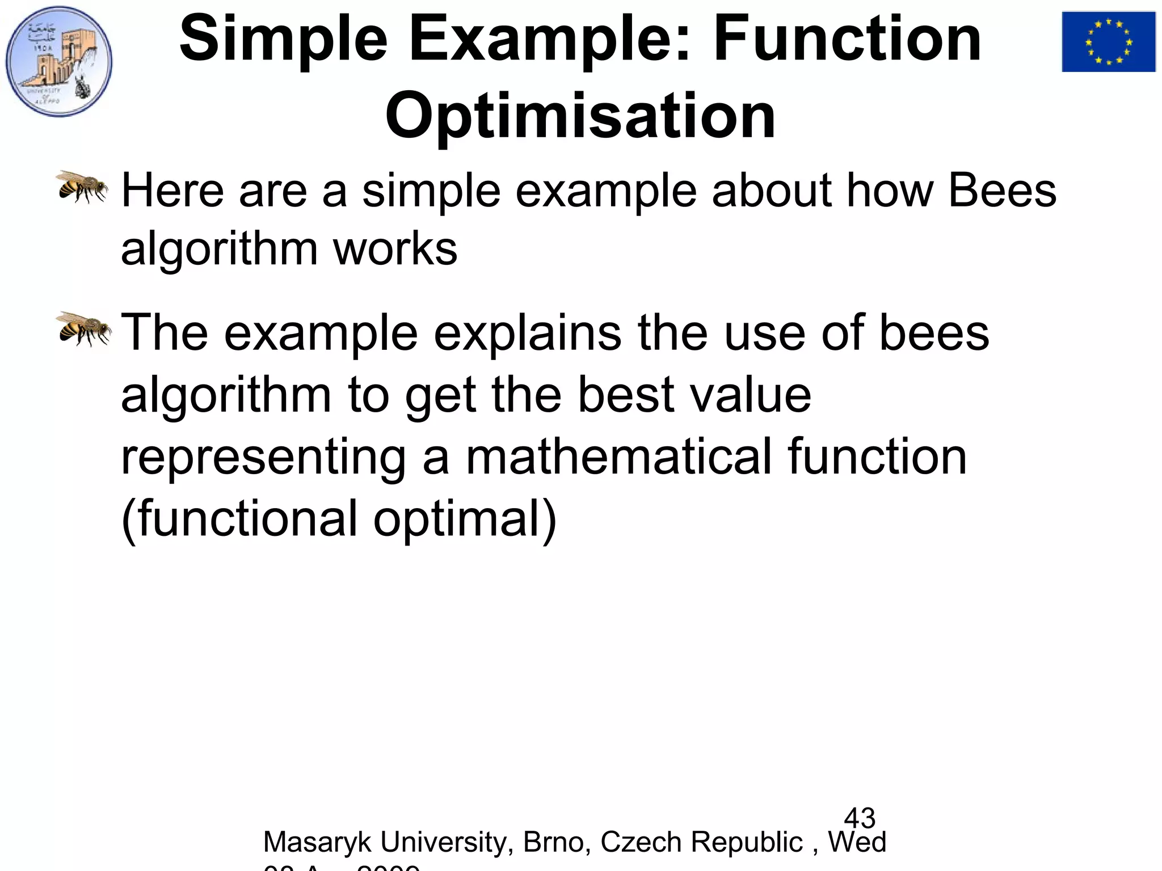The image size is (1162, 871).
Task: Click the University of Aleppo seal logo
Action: pyautogui.click(x=59, y=61)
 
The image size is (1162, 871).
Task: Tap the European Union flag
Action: pyautogui.click(x=1108, y=42)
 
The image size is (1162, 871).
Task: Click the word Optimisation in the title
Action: pyautogui.click(x=580, y=116)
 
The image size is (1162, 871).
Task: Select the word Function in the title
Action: pyautogui.click(x=847, y=39)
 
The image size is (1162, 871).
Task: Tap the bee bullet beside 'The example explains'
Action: pyautogui.click(x=84, y=328)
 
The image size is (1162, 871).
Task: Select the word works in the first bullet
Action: pyautogui.click(x=395, y=250)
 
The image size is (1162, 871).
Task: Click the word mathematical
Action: pyautogui.click(x=619, y=457)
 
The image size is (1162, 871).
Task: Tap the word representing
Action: pyautogui.click(x=263, y=458)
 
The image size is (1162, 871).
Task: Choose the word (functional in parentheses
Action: pyautogui.click(x=239, y=518)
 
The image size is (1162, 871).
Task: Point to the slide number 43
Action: pyautogui.click(x=860, y=818)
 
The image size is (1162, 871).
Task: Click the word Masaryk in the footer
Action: pyautogui.click(x=318, y=842)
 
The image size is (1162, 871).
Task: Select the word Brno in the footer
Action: pyautogui.click(x=553, y=842)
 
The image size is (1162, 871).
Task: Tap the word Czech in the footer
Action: pyautogui.click(x=641, y=842)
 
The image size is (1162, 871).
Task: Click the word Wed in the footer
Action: pyautogui.click(x=857, y=842)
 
